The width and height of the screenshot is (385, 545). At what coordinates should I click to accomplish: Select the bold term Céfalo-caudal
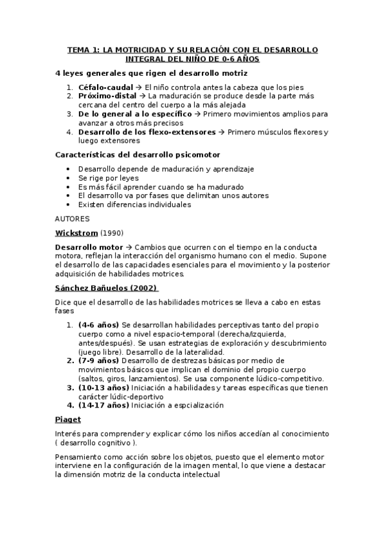(106, 87)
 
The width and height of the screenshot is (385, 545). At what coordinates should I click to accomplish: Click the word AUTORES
(73, 219)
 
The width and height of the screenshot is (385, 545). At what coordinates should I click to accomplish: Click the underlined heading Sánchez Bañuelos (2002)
(107, 288)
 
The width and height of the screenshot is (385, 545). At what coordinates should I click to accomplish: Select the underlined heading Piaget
(67, 420)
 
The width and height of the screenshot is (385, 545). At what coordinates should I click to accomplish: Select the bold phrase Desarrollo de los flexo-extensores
(147, 132)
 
